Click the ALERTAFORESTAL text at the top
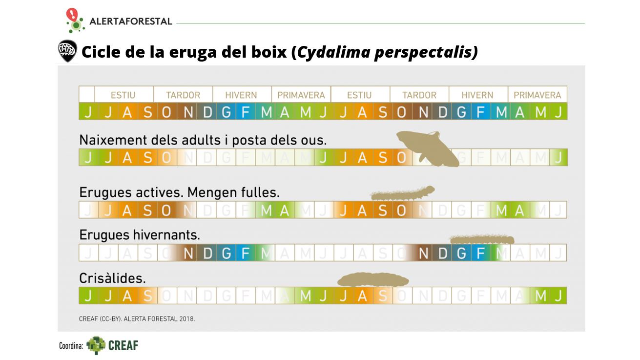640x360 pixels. pyautogui.click(x=130, y=21)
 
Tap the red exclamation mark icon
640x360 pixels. pyautogui.click(x=72, y=14)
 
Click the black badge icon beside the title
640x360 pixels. pyautogui.click(x=67, y=50)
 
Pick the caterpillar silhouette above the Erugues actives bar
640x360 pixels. pyautogui.click(x=402, y=193)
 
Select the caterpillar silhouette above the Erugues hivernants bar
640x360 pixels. pyautogui.click(x=481, y=239)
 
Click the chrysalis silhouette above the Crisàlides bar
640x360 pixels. pyautogui.click(x=373, y=280)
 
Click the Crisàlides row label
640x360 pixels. pyautogui.click(x=112, y=278)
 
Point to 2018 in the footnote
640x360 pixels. pyautogui.click(x=187, y=318)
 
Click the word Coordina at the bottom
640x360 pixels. pyautogui.click(x=71, y=346)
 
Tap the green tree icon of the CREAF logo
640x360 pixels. pyautogui.click(x=96, y=345)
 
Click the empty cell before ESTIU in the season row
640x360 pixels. pyautogui.click(x=86, y=95)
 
